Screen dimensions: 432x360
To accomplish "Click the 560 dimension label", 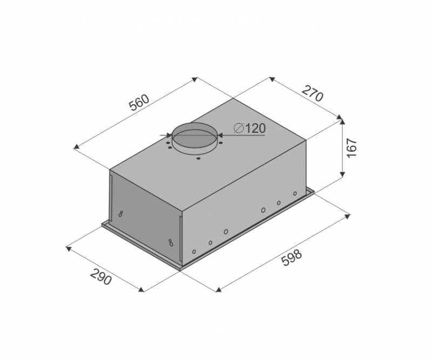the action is coord(139,103).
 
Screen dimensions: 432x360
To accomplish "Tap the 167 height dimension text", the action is coord(352,148).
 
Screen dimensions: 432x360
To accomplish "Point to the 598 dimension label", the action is coord(292,257).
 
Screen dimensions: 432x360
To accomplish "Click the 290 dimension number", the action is coord(101,277).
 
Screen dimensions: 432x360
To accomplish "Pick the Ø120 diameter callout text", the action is coord(249,128).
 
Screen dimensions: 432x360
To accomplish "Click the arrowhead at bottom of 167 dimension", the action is coord(342,174).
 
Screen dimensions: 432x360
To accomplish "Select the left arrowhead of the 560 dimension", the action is coord(76,146).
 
